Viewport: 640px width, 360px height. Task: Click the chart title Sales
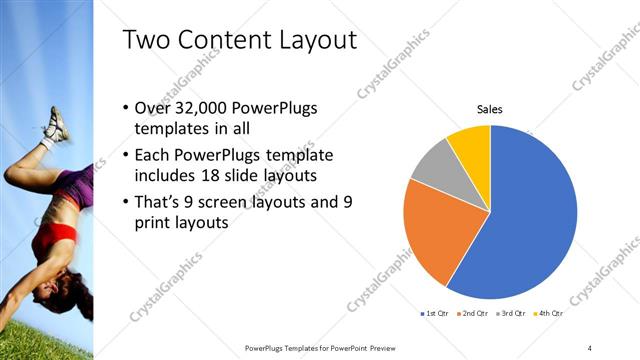489,109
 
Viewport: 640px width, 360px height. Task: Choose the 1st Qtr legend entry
434,314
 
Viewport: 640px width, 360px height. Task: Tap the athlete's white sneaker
55,125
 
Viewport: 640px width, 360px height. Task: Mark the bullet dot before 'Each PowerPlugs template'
125,156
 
